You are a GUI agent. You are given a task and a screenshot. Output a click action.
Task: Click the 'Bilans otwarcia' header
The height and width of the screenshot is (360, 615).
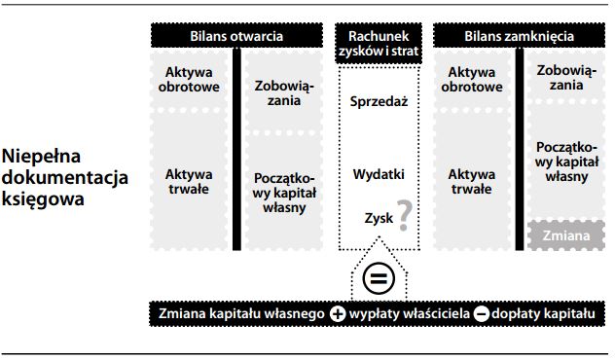236,36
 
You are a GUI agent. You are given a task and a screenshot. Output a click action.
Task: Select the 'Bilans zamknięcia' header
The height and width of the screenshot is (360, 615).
519,36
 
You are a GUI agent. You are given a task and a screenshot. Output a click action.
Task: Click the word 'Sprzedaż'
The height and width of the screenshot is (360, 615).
378,100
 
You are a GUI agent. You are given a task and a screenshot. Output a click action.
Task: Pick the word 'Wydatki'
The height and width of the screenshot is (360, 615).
378,175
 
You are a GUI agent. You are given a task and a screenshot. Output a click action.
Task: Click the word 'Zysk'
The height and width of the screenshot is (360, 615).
379,219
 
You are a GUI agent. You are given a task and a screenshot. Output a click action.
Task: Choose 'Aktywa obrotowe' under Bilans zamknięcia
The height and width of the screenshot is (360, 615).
474,80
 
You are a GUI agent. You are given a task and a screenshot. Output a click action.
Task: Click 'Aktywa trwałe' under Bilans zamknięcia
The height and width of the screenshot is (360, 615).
474,182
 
